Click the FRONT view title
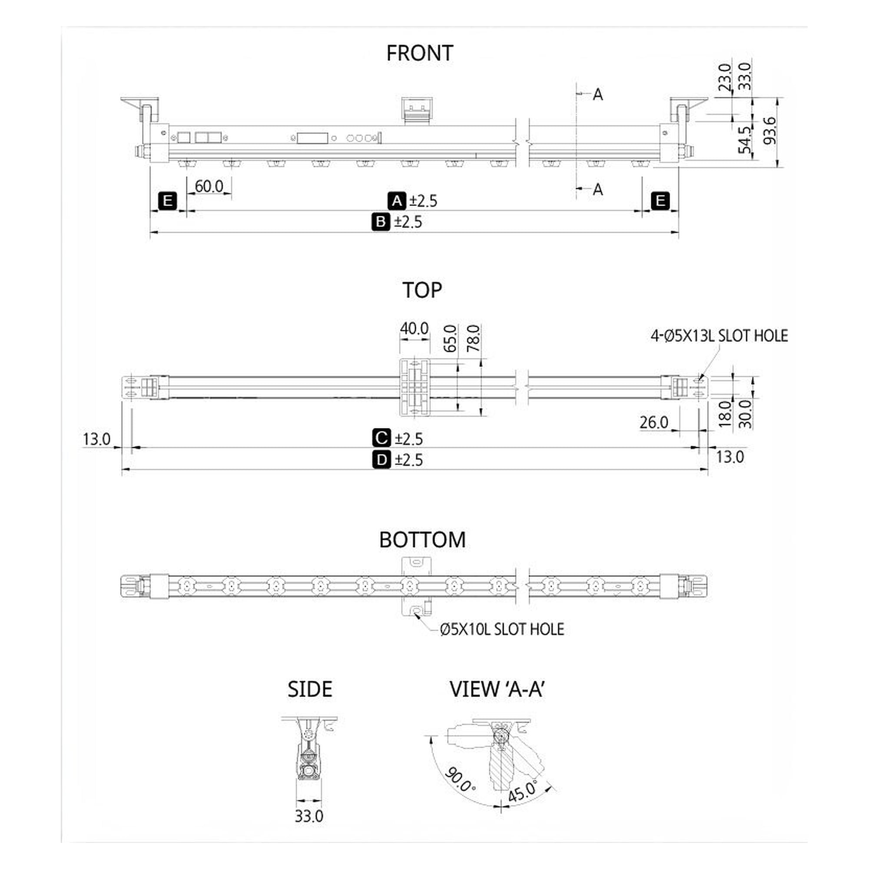420,53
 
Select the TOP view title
422,290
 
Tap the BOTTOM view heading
422,540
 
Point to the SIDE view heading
310,689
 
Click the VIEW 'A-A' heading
497,689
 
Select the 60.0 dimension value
209,186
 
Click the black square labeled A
397,201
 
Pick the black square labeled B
381,222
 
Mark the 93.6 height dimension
770,130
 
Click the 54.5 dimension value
745,140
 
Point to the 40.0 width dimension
414,329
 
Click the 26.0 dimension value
654,422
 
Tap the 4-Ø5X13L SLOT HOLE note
719,336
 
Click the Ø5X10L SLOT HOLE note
502,629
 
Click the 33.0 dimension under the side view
309,816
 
